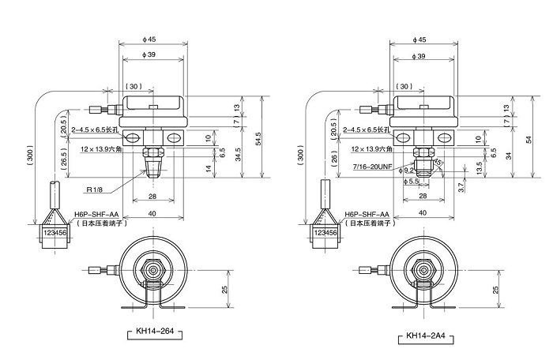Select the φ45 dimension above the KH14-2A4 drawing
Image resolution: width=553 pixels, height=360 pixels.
click(425, 39)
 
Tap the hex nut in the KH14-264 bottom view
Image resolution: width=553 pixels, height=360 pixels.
click(152, 270)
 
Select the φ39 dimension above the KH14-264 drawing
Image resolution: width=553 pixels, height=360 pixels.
click(152, 55)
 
